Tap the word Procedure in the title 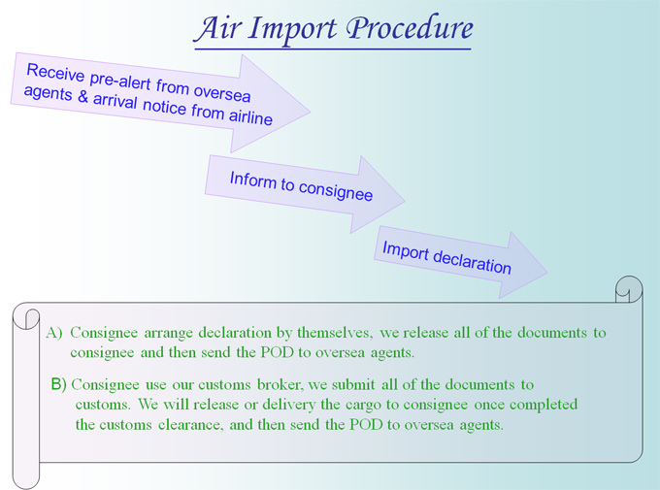410,29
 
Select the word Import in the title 292,30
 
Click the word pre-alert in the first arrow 120,80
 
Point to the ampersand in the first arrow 82,96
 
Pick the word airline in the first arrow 250,116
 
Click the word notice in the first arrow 164,106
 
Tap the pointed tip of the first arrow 310,112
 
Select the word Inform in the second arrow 253,180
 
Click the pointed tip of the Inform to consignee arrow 405,201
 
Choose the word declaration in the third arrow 473,261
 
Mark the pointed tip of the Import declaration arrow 547,273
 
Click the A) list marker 54,333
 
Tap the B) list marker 59,384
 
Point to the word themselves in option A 335,333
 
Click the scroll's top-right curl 629,289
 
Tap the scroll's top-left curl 26,318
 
